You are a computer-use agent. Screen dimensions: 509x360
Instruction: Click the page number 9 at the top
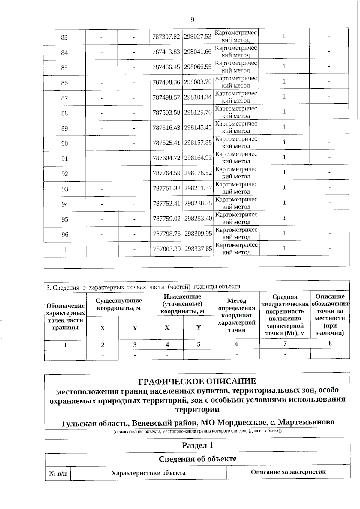point(192,20)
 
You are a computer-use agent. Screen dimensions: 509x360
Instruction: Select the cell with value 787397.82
point(166,37)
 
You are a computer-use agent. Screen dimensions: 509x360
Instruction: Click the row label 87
point(64,98)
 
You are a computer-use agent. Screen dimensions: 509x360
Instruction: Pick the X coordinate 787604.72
point(166,158)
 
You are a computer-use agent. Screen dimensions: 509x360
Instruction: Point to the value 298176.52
point(198,173)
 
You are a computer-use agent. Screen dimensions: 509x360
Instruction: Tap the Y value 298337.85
point(198,249)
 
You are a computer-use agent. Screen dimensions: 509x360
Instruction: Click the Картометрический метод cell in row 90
point(236,142)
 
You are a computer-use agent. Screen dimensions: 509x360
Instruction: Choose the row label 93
point(65,189)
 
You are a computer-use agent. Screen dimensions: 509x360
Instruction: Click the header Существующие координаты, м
point(119,304)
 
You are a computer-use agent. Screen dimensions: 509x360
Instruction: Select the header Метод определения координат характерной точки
point(237,315)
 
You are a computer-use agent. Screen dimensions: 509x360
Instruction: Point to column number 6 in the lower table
point(237,344)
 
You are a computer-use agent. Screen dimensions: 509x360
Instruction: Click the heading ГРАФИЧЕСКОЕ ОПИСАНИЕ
point(197,381)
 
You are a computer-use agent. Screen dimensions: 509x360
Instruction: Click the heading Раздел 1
point(197,445)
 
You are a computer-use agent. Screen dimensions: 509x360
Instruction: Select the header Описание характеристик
point(288,472)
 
